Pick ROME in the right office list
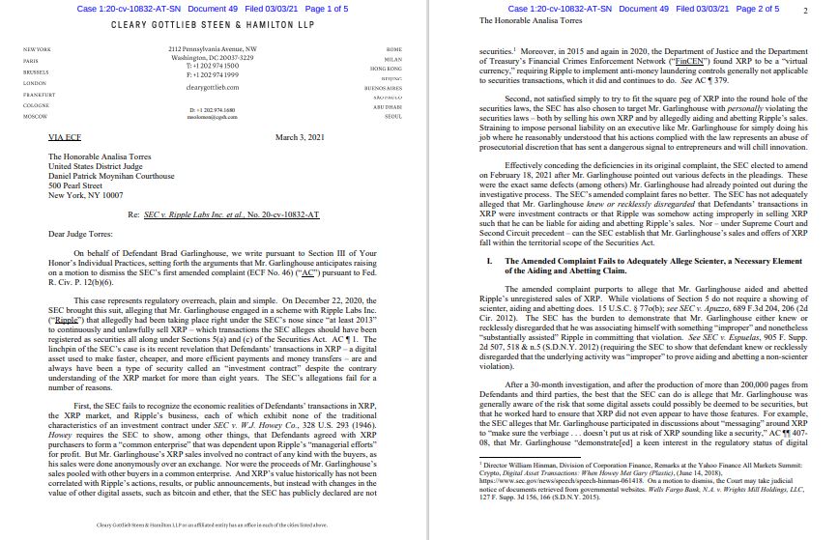click(x=393, y=47)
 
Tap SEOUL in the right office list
click(x=392, y=115)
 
